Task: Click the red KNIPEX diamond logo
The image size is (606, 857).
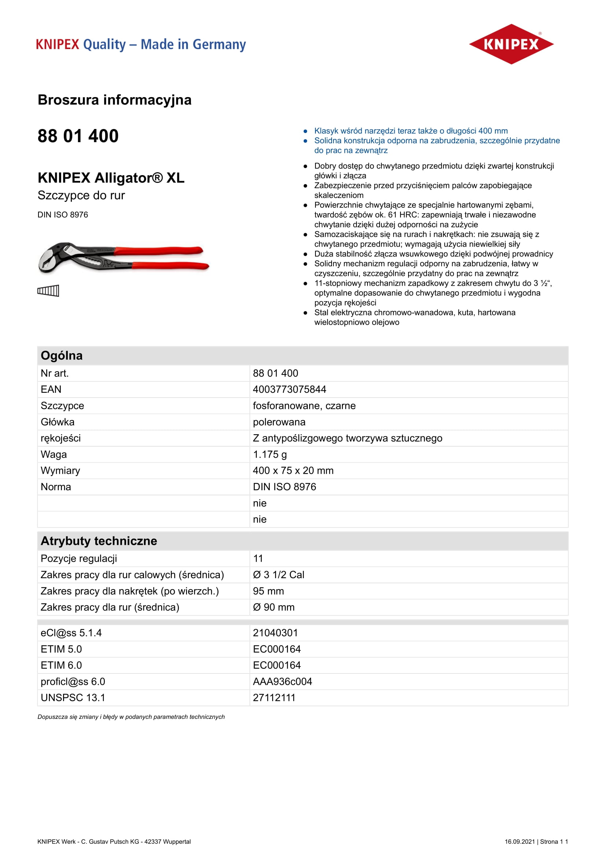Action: coord(511,44)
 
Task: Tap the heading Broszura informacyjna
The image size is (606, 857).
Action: coord(115,100)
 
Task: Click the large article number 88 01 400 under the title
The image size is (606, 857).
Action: coord(78,136)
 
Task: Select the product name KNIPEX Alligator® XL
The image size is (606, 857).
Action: coord(111,178)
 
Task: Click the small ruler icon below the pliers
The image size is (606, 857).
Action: coord(48,291)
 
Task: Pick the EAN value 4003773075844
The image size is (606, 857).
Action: coord(289,389)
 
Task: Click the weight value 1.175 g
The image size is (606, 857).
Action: coord(270,454)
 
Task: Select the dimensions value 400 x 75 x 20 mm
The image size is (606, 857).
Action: coord(293,470)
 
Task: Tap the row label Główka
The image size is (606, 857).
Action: coord(58,422)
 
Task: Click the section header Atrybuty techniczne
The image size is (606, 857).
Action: coord(99,541)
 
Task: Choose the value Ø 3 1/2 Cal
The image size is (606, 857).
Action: coord(278,575)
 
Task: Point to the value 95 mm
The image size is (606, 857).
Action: coord(268,591)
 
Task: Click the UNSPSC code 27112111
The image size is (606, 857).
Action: coord(274,698)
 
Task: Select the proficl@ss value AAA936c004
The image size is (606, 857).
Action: coord(282,681)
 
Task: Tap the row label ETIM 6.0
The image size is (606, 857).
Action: coord(61,665)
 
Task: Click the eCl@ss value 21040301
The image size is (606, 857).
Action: coord(275,633)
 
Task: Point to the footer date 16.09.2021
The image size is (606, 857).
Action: coord(520,841)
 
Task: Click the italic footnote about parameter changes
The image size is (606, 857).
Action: coord(131,717)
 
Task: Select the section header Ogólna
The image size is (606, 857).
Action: coord(62,356)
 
